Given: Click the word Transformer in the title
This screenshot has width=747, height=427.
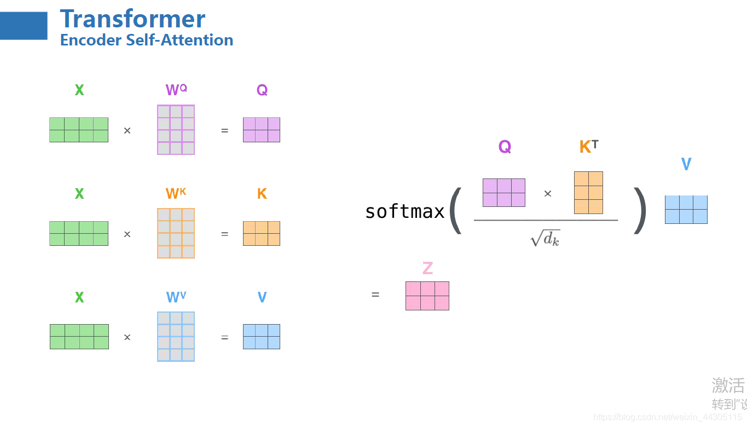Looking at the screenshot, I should coord(132,19).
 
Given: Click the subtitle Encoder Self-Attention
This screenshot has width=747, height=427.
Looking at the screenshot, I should coord(147,40).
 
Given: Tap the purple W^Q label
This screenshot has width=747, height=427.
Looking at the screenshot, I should coord(176,90).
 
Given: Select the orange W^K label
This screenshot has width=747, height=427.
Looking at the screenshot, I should coord(176,193).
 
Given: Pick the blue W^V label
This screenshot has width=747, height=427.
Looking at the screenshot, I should coord(176,297).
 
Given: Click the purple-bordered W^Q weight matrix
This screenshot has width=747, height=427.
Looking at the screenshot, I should coord(176,130).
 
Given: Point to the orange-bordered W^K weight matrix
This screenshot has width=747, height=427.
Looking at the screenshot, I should coord(176,233).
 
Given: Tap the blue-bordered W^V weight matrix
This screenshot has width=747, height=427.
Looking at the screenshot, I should coord(176,337).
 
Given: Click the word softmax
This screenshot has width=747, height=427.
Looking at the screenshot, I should coord(404,211).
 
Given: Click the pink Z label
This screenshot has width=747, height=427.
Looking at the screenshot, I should coord(427,268).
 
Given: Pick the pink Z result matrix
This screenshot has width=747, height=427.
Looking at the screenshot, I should coord(427,296).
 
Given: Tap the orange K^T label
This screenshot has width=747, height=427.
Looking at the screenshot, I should coord(588,147).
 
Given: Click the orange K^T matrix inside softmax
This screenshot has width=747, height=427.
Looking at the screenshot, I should coord(588,193).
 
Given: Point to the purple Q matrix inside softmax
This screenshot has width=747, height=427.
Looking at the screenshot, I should coord(503,193).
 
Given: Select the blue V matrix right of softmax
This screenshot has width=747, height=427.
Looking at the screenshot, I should coord(686,210).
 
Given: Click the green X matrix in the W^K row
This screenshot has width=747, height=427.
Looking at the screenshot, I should coord(79,233).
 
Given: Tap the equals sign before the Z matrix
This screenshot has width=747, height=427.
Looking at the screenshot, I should coord(375,295).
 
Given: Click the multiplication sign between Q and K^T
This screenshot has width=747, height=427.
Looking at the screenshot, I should coord(547,193).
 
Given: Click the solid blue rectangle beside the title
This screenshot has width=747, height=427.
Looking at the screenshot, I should coord(24,26).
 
